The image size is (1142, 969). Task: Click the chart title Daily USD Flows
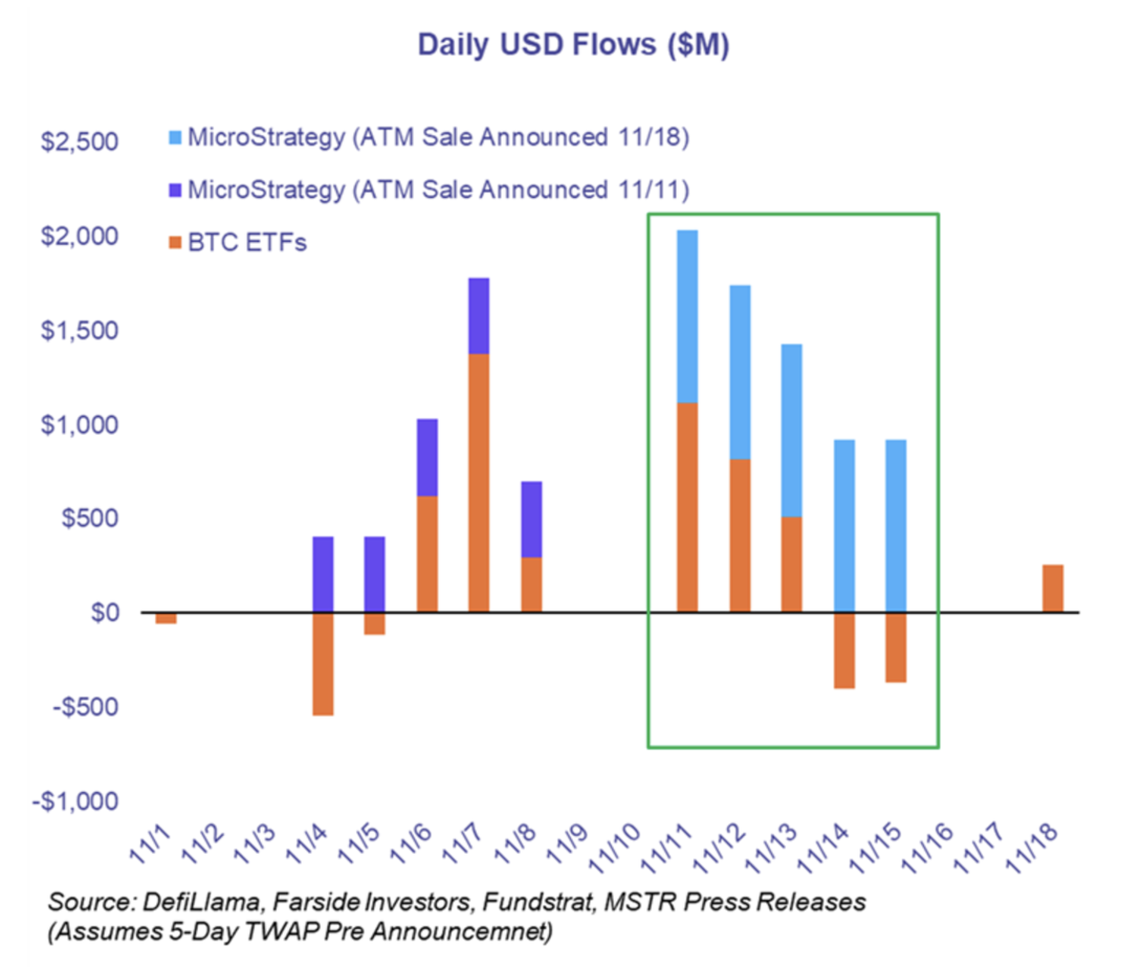[573, 45]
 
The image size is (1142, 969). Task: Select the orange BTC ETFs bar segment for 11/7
[479, 483]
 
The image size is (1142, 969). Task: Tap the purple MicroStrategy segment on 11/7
[479, 316]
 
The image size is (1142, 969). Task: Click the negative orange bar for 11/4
[324, 663]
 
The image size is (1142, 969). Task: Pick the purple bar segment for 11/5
[375, 574]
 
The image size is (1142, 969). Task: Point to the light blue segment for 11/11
[687, 317]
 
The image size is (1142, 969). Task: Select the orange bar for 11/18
[1053, 588]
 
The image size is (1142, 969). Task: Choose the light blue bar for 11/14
[843, 525]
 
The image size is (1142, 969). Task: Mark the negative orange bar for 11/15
[895, 647]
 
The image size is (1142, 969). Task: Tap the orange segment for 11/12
[739, 536]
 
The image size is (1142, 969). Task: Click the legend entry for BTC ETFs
[246, 243]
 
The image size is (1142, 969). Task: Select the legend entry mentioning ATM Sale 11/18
[438, 137]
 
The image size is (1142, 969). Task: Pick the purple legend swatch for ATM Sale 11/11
[174, 190]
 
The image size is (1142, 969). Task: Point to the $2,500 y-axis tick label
[79, 142]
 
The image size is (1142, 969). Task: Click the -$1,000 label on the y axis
[75, 801]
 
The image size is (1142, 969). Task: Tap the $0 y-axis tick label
[104, 612]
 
